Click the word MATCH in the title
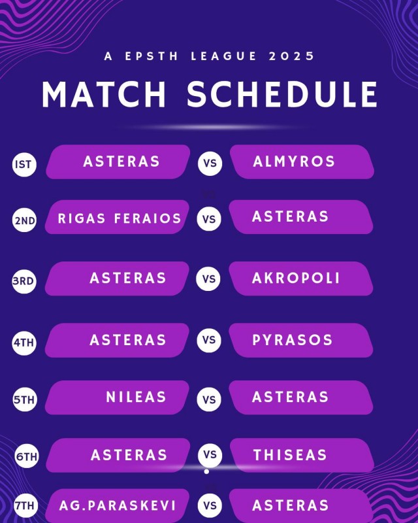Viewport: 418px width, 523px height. point(104,94)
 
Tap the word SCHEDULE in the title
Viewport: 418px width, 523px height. point(282,94)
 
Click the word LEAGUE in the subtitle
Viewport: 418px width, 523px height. point(223,56)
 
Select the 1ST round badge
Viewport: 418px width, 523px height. point(24,164)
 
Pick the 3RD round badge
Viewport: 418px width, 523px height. point(24,281)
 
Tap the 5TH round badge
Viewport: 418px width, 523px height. point(24,399)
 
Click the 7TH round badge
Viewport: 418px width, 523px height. point(25,505)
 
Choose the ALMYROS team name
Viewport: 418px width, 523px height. point(294,161)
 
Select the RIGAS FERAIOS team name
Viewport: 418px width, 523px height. point(120,218)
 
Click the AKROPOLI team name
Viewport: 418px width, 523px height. point(296,278)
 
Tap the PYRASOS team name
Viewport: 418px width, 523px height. point(293,340)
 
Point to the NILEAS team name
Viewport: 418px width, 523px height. point(136,397)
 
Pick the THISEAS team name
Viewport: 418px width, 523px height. point(290,455)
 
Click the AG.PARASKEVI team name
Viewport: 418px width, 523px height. point(118,505)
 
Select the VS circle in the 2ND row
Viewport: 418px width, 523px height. point(209,219)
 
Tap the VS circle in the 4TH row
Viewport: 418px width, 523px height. point(209,340)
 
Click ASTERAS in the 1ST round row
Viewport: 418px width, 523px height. point(121,161)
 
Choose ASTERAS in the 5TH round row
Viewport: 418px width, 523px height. point(291,397)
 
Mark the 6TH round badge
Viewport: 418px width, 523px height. point(27,456)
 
